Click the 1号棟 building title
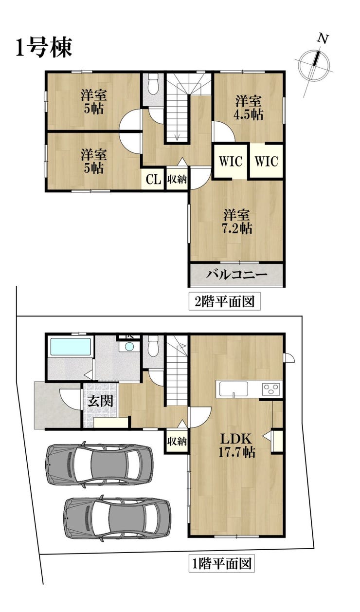tap(44, 48)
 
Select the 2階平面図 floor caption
tap(224, 301)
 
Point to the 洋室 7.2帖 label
tap(237, 222)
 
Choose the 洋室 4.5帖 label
tap(249, 108)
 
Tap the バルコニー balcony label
tap(236, 275)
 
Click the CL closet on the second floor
tap(153, 180)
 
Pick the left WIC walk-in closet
tap(231, 161)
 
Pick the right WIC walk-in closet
tap(267, 161)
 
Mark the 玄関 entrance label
tap(100, 401)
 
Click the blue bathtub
tap(71, 347)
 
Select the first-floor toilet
tap(153, 346)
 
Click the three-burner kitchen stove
tap(271, 389)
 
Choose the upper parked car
tap(100, 464)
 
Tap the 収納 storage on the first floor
tap(177, 441)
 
